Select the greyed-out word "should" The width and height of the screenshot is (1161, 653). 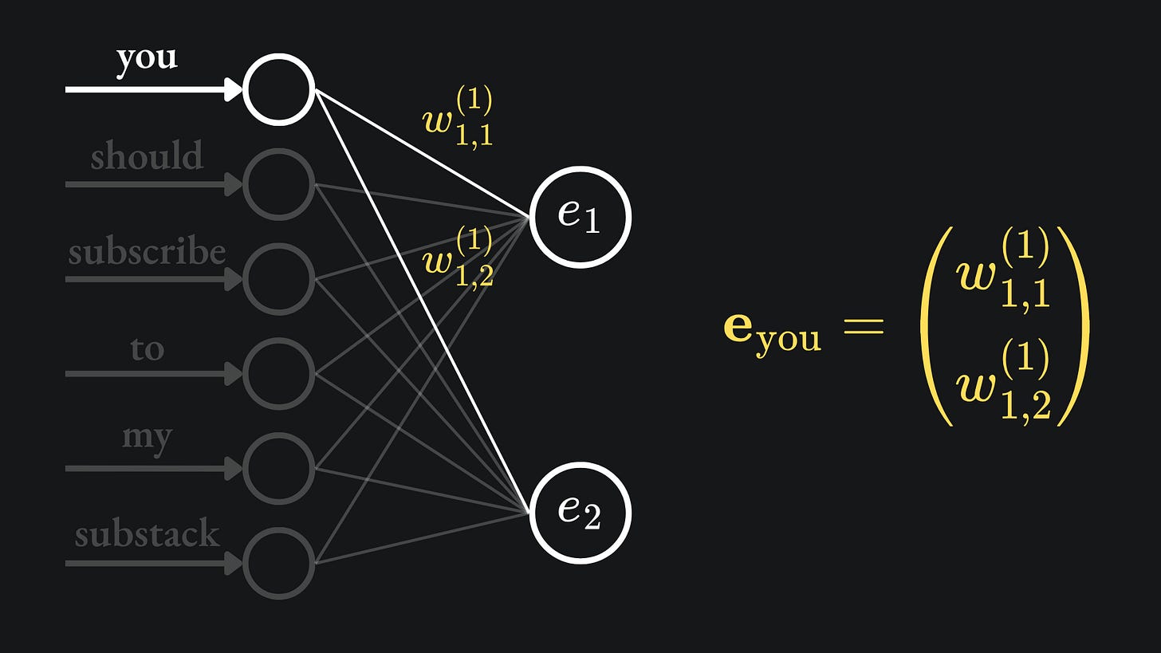(x=147, y=156)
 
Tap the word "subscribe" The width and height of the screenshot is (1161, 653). (x=147, y=253)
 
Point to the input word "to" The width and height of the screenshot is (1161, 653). (x=147, y=348)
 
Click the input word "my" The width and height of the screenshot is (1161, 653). (x=147, y=438)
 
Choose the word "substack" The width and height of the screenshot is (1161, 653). (x=147, y=533)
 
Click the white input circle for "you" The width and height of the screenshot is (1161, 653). (x=278, y=89)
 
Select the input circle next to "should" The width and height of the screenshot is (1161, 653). (x=278, y=184)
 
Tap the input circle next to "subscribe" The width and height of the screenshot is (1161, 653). (x=278, y=279)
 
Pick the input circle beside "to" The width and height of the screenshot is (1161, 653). (x=278, y=373)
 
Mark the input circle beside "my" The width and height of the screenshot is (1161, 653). (x=278, y=468)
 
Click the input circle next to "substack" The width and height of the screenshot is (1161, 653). (x=278, y=563)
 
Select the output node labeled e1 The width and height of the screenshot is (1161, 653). (x=580, y=216)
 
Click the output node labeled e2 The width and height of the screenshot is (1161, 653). (x=580, y=512)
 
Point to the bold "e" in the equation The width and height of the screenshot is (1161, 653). (x=738, y=327)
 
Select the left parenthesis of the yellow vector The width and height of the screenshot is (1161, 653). (x=936, y=327)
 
